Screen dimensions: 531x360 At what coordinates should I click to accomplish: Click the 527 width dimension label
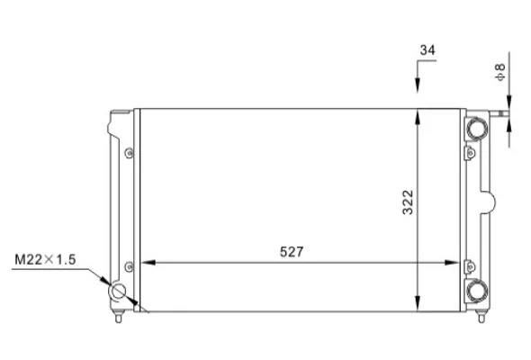(x=292, y=252)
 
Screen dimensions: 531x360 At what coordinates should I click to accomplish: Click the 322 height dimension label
(x=408, y=202)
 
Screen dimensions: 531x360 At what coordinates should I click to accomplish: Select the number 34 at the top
(x=427, y=50)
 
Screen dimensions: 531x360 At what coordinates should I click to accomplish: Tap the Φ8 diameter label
(x=500, y=72)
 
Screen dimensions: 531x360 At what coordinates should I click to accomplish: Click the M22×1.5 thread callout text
(x=45, y=260)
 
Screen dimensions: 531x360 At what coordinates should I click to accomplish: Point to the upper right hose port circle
(x=477, y=129)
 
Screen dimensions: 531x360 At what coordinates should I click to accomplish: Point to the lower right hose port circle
(x=477, y=292)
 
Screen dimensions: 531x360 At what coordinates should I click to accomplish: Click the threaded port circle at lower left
(x=117, y=292)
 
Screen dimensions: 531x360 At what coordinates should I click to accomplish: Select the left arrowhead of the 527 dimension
(x=148, y=263)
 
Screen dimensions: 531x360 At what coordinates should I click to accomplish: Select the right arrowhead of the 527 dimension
(x=452, y=263)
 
